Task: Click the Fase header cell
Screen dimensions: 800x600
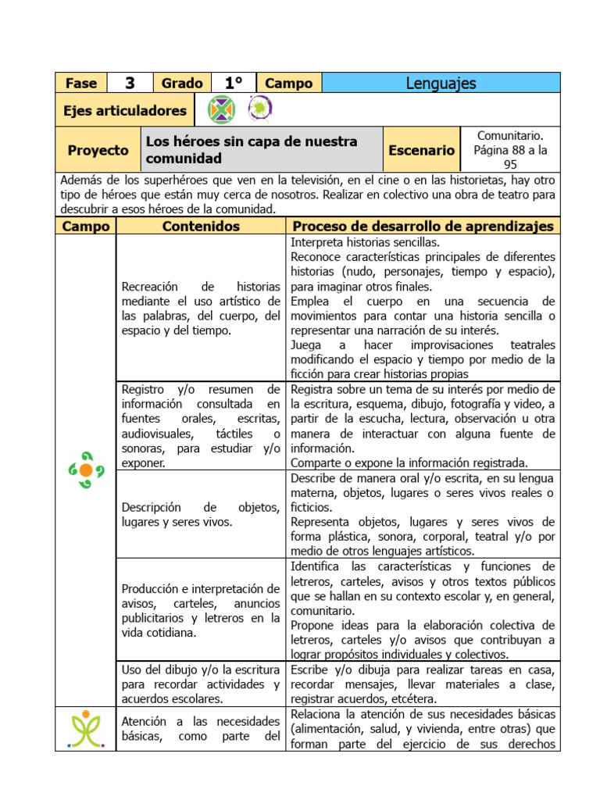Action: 81,83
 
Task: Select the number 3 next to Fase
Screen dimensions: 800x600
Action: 130,83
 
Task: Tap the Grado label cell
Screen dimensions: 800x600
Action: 182,83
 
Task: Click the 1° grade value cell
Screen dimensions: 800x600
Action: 233,83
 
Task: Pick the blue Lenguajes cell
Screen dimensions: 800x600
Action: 441,83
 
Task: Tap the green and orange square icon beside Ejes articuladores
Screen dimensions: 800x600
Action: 221,110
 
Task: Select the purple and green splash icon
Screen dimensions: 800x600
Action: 259,109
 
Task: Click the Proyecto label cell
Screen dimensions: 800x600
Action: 98,150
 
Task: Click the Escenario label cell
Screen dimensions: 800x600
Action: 422,150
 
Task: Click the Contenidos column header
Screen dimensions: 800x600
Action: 201,226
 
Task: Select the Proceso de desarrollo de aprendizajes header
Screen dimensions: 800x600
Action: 423,226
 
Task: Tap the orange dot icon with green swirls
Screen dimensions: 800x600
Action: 86,470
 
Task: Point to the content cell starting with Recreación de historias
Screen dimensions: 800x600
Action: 201,309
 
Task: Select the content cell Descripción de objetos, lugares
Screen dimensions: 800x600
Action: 201,514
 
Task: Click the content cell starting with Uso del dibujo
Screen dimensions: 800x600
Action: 201,684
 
